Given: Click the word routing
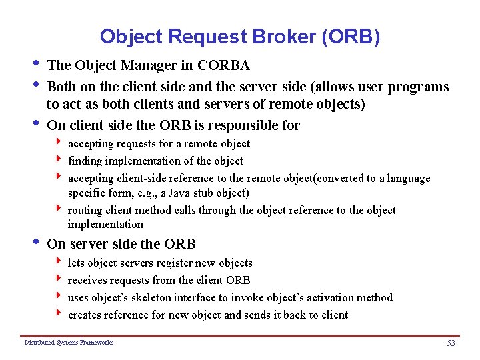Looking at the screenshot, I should [86, 210].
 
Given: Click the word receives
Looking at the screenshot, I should [89, 280].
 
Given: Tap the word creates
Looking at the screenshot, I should [87, 315].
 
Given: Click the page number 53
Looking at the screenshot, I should [450, 343].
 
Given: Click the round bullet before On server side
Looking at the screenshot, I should [35, 242].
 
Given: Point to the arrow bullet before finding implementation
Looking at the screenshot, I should [60, 160].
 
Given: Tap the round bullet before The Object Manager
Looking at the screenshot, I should [35, 64].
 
